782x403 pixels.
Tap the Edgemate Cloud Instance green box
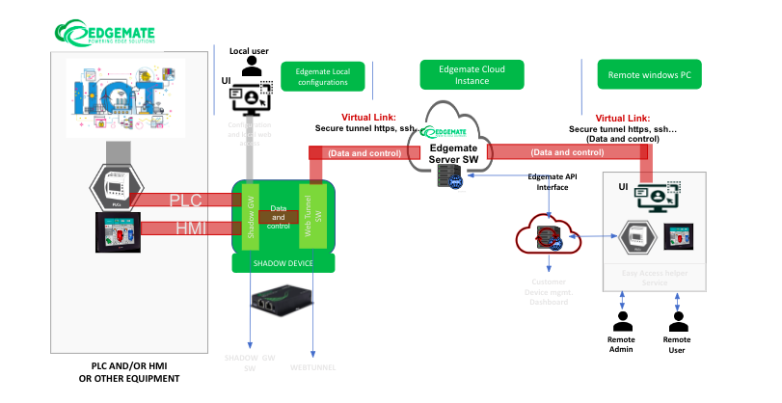(475, 74)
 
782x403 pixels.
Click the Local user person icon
(253, 67)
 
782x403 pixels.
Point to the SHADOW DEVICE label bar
(283, 263)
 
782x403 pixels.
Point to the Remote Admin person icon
(621, 321)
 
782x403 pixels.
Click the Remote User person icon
(678, 321)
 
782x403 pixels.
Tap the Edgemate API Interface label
(552, 183)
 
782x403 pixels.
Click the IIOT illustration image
(121, 97)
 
